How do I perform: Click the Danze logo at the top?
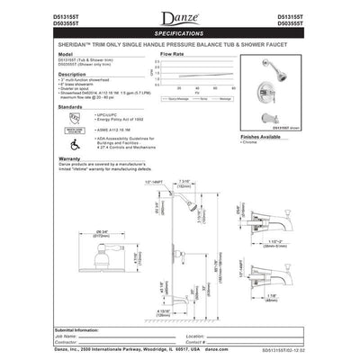(180, 15)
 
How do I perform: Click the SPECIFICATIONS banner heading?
(180, 31)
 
